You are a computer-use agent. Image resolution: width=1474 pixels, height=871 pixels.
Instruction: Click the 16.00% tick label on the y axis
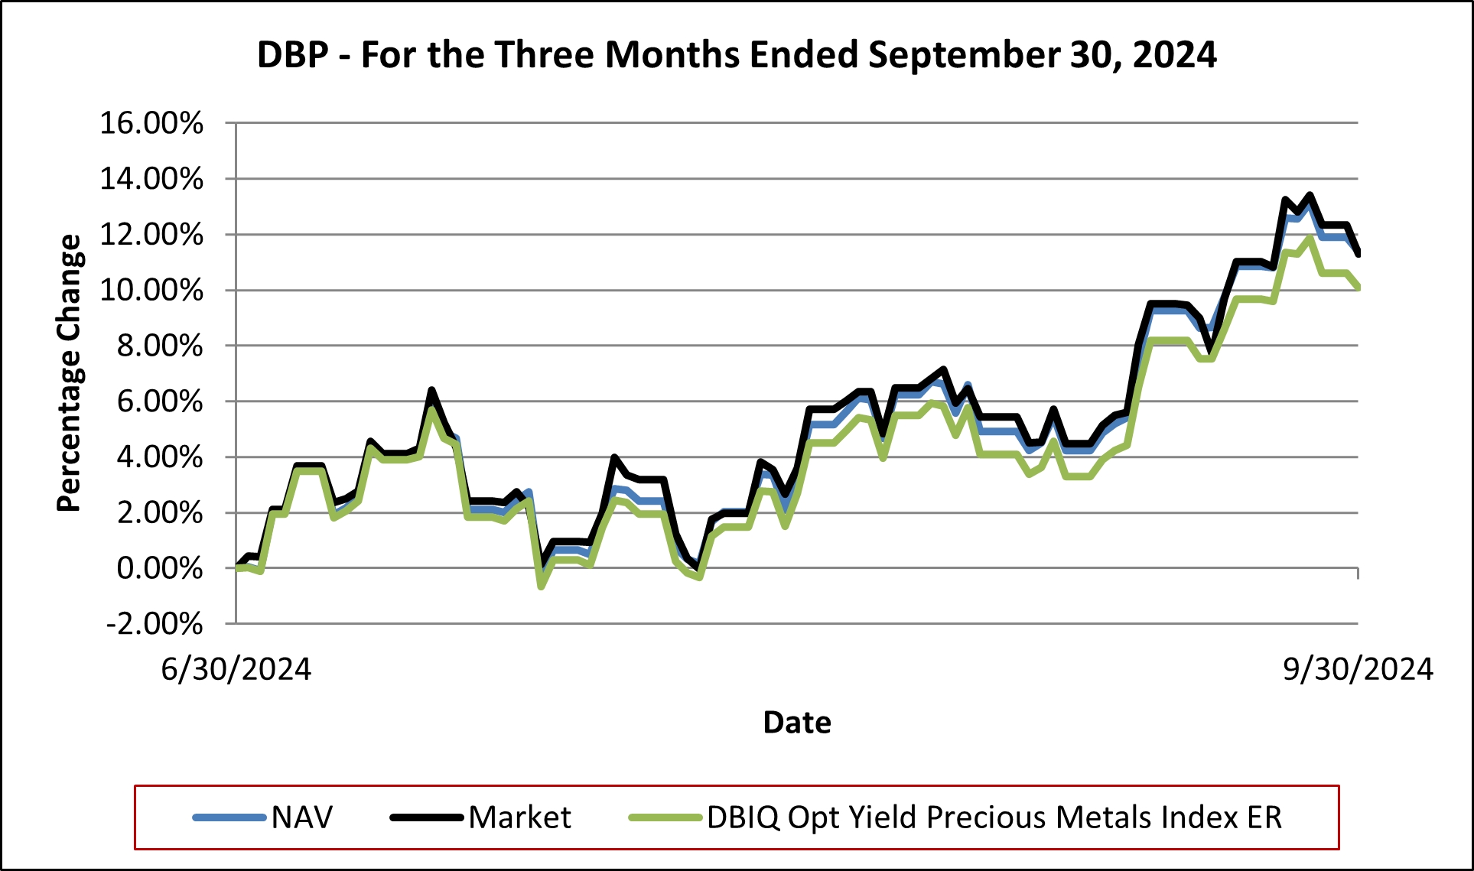coord(151,123)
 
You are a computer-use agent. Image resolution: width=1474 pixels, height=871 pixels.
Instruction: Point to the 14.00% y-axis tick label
coord(151,179)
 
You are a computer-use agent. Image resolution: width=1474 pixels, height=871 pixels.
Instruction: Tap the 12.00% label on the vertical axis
coord(151,235)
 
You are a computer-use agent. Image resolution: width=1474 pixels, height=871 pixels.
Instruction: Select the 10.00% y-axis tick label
coord(151,291)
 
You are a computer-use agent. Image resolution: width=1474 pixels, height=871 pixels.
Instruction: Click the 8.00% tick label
coord(159,346)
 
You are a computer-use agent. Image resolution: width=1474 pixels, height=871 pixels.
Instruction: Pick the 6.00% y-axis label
coord(159,401)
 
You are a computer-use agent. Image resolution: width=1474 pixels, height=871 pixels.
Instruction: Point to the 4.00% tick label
coord(159,457)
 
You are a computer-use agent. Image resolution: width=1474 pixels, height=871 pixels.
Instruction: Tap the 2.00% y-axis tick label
coord(159,513)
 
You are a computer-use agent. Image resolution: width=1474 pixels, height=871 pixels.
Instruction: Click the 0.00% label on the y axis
coord(159,568)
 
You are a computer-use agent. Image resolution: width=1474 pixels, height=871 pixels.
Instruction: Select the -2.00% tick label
coord(155,624)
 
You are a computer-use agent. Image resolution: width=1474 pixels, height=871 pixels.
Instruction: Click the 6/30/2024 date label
coord(236,669)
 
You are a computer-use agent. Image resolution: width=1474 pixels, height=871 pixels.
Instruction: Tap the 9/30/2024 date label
coord(1358,669)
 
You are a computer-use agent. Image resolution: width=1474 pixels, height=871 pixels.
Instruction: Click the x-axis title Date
coord(797,723)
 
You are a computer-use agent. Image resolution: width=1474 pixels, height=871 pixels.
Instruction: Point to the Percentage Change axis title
coord(69,372)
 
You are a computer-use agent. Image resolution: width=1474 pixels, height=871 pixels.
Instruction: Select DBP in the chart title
coord(292,55)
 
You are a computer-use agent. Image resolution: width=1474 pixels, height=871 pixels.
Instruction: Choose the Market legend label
coord(519,817)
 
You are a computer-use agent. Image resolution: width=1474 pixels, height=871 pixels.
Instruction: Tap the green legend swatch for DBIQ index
coord(665,817)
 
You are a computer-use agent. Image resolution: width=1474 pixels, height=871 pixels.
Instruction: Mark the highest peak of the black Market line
coord(1310,196)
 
